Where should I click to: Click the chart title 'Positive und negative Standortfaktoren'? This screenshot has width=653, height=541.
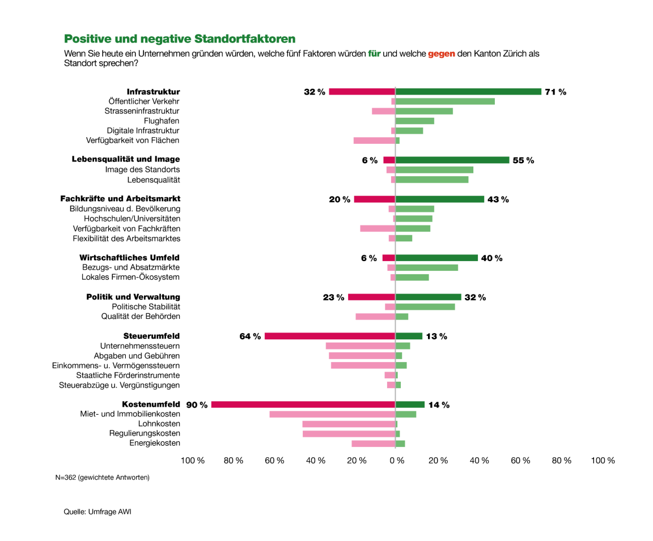(x=180, y=39)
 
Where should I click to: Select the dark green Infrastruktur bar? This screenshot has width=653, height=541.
(x=468, y=92)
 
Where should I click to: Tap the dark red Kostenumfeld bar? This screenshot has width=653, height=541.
(x=303, y=404)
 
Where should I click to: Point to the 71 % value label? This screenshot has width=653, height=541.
(x=555, y=92)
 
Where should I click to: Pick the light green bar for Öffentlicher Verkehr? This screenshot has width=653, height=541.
(x=445, y=101)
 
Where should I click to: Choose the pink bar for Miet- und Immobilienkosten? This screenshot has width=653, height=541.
(x=332, y=414)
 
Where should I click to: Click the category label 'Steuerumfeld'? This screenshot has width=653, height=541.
(x=151, y=336)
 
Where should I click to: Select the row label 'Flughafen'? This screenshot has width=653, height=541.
(x=162, y=121)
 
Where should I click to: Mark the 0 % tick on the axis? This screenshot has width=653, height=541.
(x=396, y=461)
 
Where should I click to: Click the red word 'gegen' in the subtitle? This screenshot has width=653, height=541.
(x=441, y=54)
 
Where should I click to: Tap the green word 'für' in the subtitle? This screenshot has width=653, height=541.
(x=374, y=54)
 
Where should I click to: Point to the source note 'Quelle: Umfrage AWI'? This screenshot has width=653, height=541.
(x=97, y=512)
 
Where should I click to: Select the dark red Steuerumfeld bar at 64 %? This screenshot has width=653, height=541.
(x=330, y=336)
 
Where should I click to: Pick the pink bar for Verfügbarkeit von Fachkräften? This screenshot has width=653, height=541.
(x=378, y=228)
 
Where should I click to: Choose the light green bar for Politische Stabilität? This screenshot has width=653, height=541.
(x=425, y=306)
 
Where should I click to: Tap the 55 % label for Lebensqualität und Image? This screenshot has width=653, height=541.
(x=523, y=160)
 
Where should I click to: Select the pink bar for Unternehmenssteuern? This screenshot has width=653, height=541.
(x=361, y=346)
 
